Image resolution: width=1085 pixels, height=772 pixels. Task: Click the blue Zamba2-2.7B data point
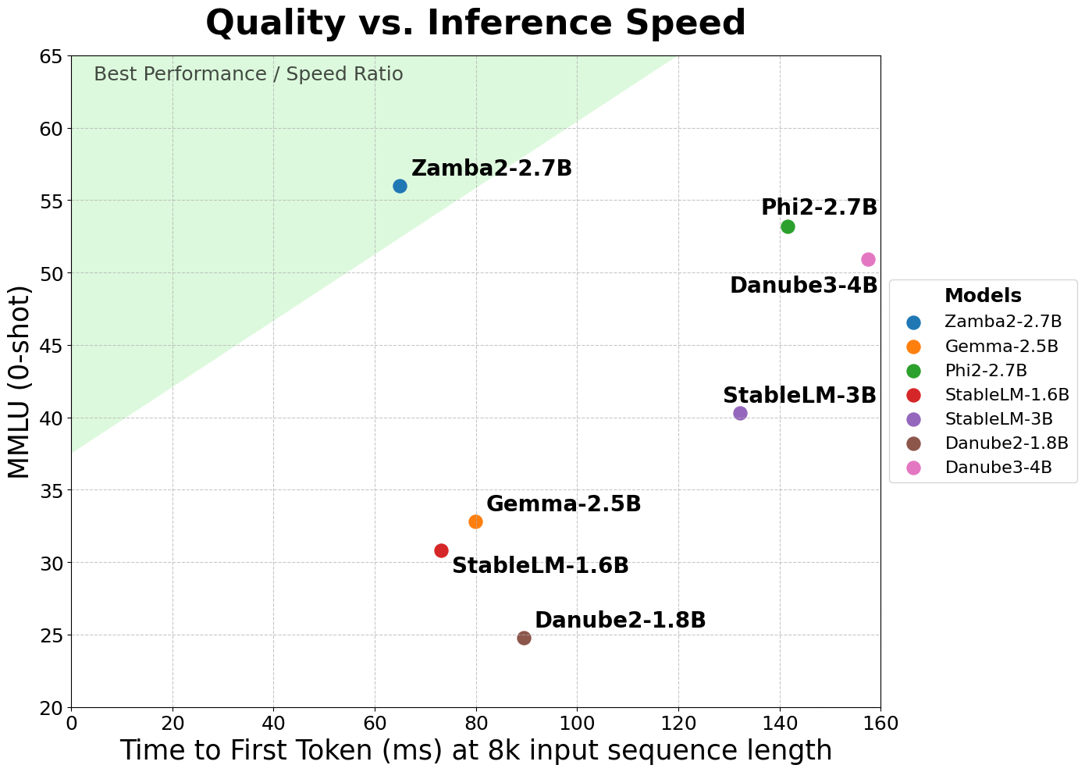point(400,186)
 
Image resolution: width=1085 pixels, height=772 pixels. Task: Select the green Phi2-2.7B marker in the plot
point(788,226)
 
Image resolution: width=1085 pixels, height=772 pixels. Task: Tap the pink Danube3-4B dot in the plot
point(868,259)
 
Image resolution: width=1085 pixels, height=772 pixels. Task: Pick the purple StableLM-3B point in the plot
point(740,413)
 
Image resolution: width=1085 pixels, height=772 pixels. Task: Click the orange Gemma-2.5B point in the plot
point(475,521)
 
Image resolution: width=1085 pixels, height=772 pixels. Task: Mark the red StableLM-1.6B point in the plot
point(441,550)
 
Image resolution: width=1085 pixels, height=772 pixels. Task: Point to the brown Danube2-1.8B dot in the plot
point(524,638)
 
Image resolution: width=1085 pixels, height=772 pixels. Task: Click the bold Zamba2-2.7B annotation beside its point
point(491,168)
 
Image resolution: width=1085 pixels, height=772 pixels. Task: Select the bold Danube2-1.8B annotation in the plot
point(620,621)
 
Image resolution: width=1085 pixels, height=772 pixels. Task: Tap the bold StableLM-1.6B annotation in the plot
point(540,566)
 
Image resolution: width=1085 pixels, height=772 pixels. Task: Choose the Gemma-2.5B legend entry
point(1001,346)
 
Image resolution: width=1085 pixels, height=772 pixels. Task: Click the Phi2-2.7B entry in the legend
point(985,370)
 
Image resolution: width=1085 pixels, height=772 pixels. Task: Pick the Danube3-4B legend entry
point(998,468)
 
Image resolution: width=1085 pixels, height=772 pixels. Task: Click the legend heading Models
point(982,296)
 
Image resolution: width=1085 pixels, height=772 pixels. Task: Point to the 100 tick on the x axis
point(577,723)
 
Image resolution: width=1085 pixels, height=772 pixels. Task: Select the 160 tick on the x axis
point(880,723)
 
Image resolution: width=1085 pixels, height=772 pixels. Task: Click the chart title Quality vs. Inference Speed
point(475,23)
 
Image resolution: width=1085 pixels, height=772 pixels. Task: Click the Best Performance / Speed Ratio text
point(248,74)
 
